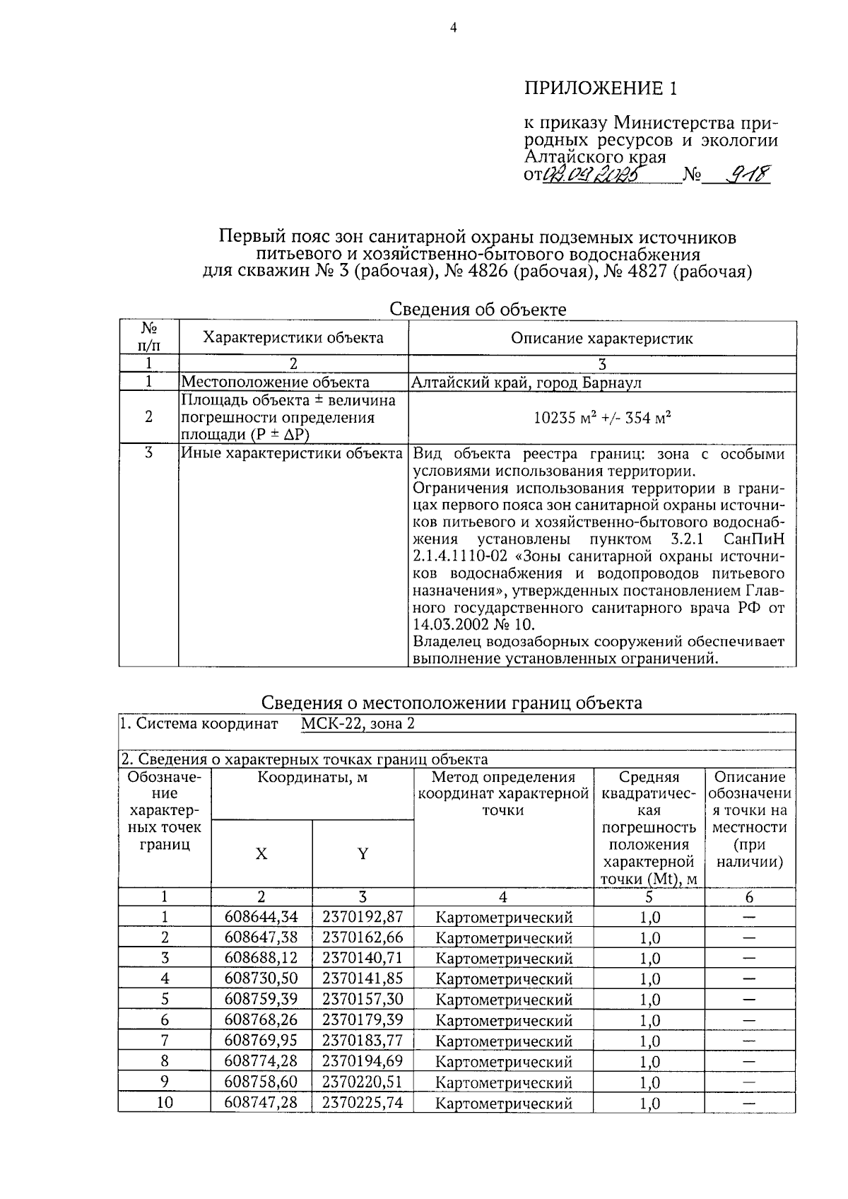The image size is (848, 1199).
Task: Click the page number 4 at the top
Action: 453,28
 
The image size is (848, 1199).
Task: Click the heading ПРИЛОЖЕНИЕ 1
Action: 600,88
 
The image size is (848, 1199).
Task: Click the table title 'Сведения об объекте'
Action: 478,309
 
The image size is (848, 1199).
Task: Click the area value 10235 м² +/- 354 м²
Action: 602,417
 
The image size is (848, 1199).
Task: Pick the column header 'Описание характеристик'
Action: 602,338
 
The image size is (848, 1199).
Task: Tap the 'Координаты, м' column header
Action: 312,778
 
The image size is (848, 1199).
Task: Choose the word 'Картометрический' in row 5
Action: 503,1000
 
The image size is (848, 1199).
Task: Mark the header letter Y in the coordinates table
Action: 363,853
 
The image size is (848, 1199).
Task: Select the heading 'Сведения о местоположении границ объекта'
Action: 452,702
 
